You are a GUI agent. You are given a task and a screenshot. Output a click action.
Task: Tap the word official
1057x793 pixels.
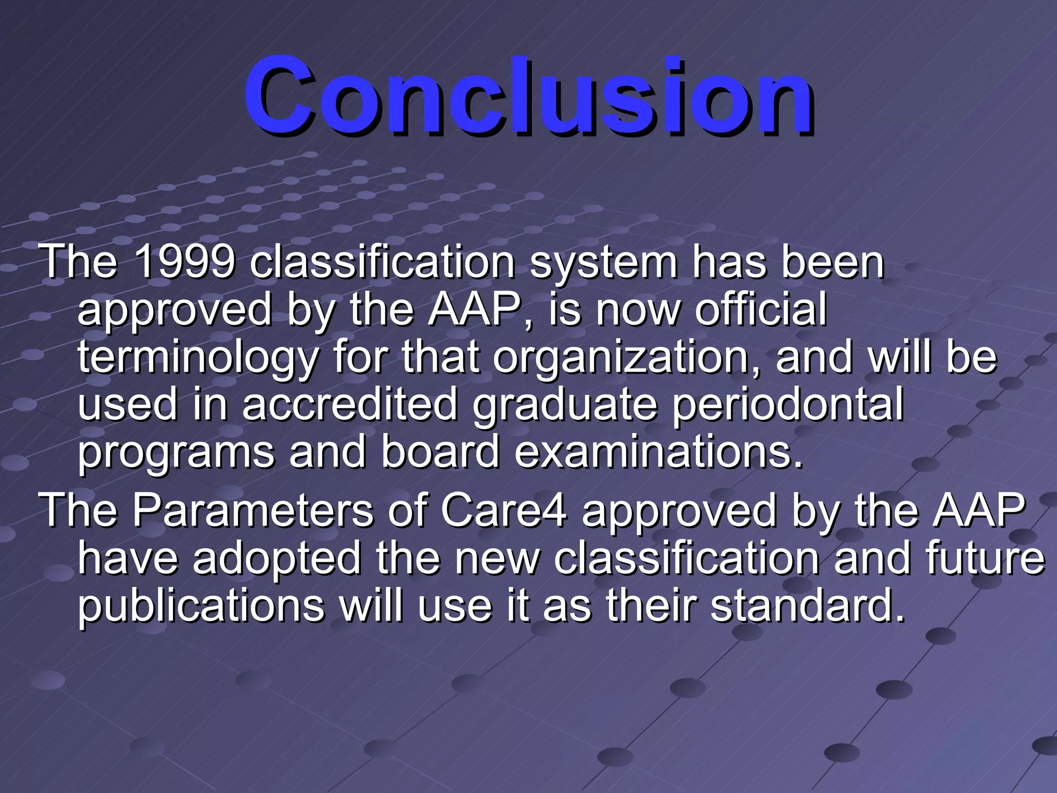pyautogui.click(x=761, y=310)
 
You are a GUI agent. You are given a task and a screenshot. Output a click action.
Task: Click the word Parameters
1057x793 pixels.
pyautogui.click(x=252, y=510)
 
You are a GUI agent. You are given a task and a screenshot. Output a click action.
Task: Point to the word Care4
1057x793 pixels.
pyautogui.click(x=504, y=510)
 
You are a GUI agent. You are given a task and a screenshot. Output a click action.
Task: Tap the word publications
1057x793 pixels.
pyautogui.click(x=201, y=607)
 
